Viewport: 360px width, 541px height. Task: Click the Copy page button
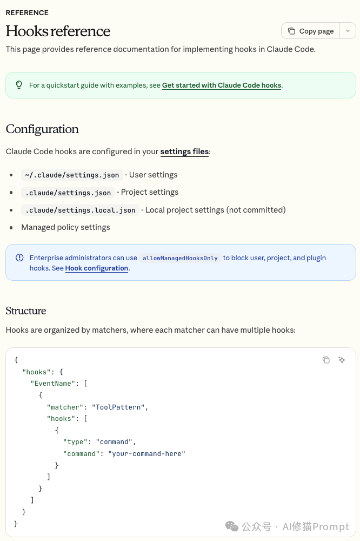(x=311, y=31)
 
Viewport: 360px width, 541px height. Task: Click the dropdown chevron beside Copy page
(x=348, y=31)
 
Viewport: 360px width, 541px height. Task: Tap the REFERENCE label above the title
(x=27, y=13)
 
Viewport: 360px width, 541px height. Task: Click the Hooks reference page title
(x=58, y=31)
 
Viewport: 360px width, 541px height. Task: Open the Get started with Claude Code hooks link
(x=222, y=85)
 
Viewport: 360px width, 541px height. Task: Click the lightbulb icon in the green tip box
(x=19, y=85)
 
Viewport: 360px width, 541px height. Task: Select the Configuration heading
(x=42, y=129)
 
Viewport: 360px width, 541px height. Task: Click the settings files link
(x=184, y=151)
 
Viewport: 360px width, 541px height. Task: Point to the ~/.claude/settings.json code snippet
(x=72, y=175)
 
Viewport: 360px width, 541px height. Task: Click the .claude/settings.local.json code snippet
(x=80, y=210)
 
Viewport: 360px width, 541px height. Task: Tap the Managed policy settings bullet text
(x=65, y=227)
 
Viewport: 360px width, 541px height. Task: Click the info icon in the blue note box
(x=19, y=258)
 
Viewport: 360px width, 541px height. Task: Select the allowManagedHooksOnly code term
(x=180, y=258)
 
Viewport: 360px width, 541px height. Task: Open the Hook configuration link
(x=97, y=268)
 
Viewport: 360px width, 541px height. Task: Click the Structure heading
(x=26, y=311)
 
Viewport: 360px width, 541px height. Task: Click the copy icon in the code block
(x=326, y=360)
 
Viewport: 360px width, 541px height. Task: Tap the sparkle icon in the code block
(x=342, y=360)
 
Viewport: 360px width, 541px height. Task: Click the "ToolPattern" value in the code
(x=118, y=407)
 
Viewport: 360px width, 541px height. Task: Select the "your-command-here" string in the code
(x=146, y=454)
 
